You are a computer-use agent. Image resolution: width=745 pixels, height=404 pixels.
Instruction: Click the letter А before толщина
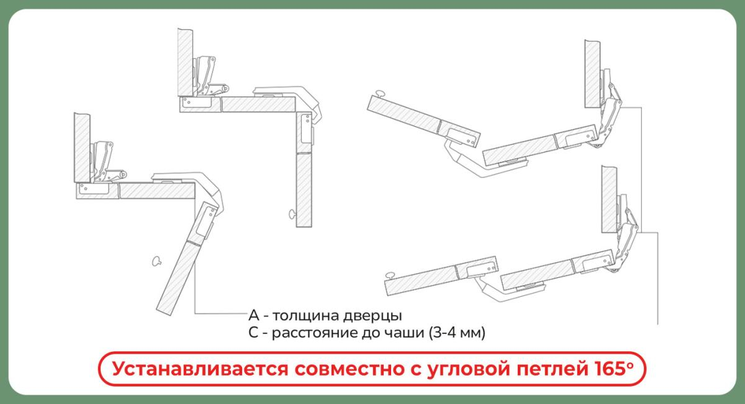click(x=254, y=315)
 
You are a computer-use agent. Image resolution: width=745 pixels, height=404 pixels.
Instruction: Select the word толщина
click(x=305, y=316)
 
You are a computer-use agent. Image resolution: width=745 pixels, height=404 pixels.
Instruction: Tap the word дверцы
click(x=372, y=316)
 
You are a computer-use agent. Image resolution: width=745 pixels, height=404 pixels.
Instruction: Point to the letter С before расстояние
click(x=253, y=333)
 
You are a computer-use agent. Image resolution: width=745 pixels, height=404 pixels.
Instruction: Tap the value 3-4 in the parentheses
click(x=445, y=333)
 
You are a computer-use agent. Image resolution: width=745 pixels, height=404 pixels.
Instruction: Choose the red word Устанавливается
click(x=200, y=369)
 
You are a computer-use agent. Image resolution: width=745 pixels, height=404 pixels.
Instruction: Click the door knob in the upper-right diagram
click(x=379, y=94)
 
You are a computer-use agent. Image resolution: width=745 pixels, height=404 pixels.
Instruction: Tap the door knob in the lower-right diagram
click(x=390, y=275)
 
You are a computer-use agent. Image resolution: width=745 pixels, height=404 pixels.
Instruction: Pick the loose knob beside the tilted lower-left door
click(x=156, y=261)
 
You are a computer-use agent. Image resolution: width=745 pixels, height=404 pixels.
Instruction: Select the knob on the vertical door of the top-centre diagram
click(x=292, y=214)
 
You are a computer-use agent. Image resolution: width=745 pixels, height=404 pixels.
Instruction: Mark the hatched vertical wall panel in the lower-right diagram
click(x=609, y=199)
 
